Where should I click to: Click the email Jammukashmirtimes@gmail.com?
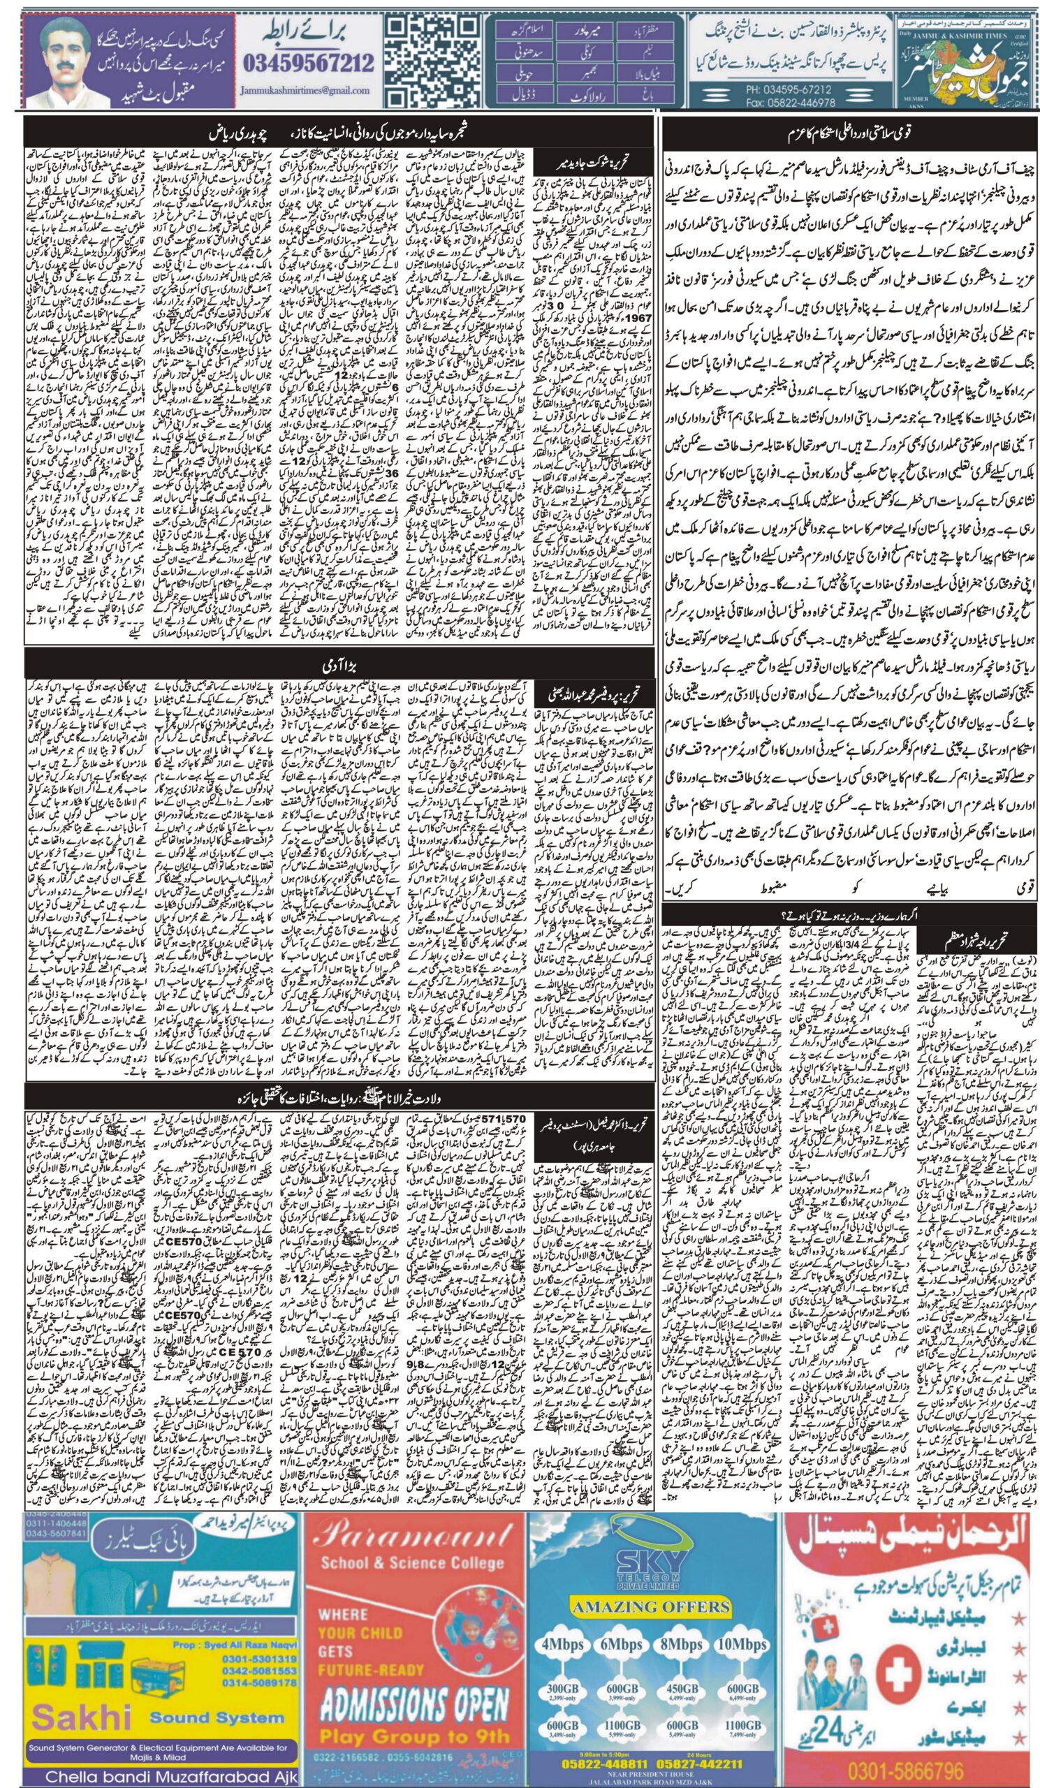[x=306, y=91]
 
